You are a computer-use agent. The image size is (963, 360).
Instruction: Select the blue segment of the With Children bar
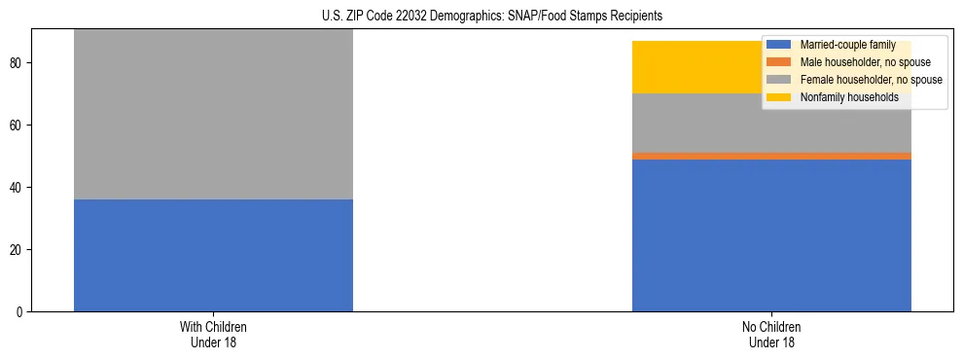click(213, 255)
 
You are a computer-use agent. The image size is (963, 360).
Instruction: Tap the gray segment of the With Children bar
click(213, 115)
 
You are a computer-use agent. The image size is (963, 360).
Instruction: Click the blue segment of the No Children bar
click(771, 235)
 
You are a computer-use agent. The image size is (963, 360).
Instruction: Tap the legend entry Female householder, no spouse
click(870, 80)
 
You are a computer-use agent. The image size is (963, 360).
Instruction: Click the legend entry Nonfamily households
click(849, 97)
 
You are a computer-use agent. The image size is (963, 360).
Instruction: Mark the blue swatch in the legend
click(779, 45)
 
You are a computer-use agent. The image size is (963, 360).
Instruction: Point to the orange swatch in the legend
click(779, 62)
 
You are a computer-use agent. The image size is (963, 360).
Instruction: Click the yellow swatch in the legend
click(779, 97)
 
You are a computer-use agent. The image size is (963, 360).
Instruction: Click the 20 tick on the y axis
click(18, 250)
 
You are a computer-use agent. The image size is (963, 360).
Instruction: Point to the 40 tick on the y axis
click(18, 188)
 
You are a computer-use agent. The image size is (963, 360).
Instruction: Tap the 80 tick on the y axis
click(18, 63)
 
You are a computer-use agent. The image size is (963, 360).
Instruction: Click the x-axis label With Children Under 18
click(213, 335)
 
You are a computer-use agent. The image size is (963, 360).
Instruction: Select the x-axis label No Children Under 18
click(771, 335)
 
